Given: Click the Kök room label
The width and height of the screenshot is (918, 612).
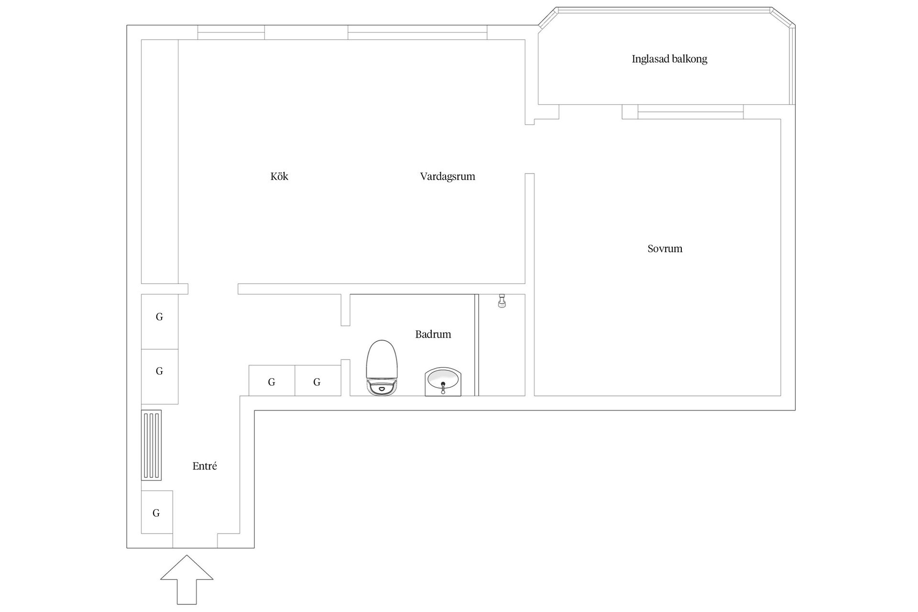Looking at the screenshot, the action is pos(279,176).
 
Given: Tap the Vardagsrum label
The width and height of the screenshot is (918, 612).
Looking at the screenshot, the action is pos(448,176).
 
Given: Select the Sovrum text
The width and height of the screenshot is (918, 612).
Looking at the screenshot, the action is pos(665,249).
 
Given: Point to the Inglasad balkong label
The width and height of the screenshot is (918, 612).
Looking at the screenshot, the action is pos(669,59).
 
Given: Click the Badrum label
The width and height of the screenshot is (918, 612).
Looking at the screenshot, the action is pos(433,334).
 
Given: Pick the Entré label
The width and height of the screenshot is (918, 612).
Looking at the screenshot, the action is pos(205,466).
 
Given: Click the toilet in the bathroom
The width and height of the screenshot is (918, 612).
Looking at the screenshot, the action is pos(382,367).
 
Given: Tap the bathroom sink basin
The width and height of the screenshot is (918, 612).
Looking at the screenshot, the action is pos(443,382).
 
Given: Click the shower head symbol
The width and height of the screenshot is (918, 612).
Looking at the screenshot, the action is pos(502,301).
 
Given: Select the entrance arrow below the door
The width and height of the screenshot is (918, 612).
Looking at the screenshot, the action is pos(186,579).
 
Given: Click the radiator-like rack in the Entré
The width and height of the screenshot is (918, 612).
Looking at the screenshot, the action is pos(151,445).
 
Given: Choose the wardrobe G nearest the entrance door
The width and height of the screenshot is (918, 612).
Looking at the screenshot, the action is pos(157,512).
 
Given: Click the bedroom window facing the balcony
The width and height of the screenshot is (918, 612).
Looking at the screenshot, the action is pos(690,112).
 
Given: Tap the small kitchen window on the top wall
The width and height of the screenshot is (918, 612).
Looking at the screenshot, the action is pos(231,33).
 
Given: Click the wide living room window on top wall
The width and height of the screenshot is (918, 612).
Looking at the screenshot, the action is pos(417,33).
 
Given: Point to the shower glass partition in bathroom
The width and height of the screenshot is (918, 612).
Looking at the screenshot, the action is pos(477,345).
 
